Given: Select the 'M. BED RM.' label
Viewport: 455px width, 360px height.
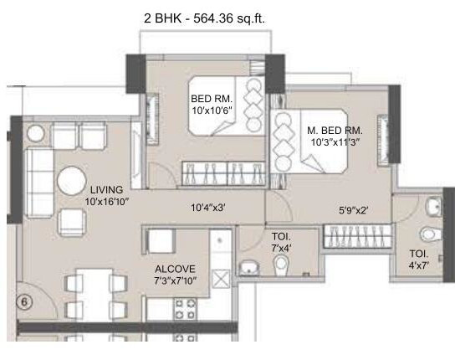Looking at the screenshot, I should point(334,130).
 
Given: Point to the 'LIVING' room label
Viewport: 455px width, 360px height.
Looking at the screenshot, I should point(107,189).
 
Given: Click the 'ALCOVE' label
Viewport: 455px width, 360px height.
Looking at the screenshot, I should point(175,270).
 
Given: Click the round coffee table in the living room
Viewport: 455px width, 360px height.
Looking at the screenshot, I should point(69,181).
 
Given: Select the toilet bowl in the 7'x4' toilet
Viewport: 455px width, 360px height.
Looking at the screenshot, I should point(282,265).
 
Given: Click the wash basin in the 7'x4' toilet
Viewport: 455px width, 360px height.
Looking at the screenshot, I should point(248,268).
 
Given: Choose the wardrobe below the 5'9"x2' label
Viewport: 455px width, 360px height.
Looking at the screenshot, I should point(353,236).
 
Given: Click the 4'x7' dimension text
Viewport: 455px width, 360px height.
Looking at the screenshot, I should point(418,265).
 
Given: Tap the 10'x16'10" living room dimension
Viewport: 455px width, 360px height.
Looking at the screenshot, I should point(109,201).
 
